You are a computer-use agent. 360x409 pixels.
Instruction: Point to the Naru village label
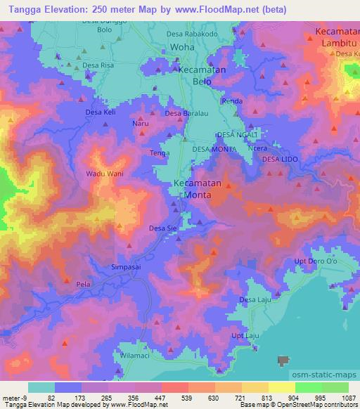pyautogui.click(x=141, y=124)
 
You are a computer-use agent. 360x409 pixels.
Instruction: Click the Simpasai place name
pyautogui.click(x=128, y=267)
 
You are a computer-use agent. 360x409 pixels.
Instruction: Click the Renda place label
pyautogui.click(x=232, y=101)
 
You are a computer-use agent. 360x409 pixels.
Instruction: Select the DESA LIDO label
pyautogui.click(x=280, y=161)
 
